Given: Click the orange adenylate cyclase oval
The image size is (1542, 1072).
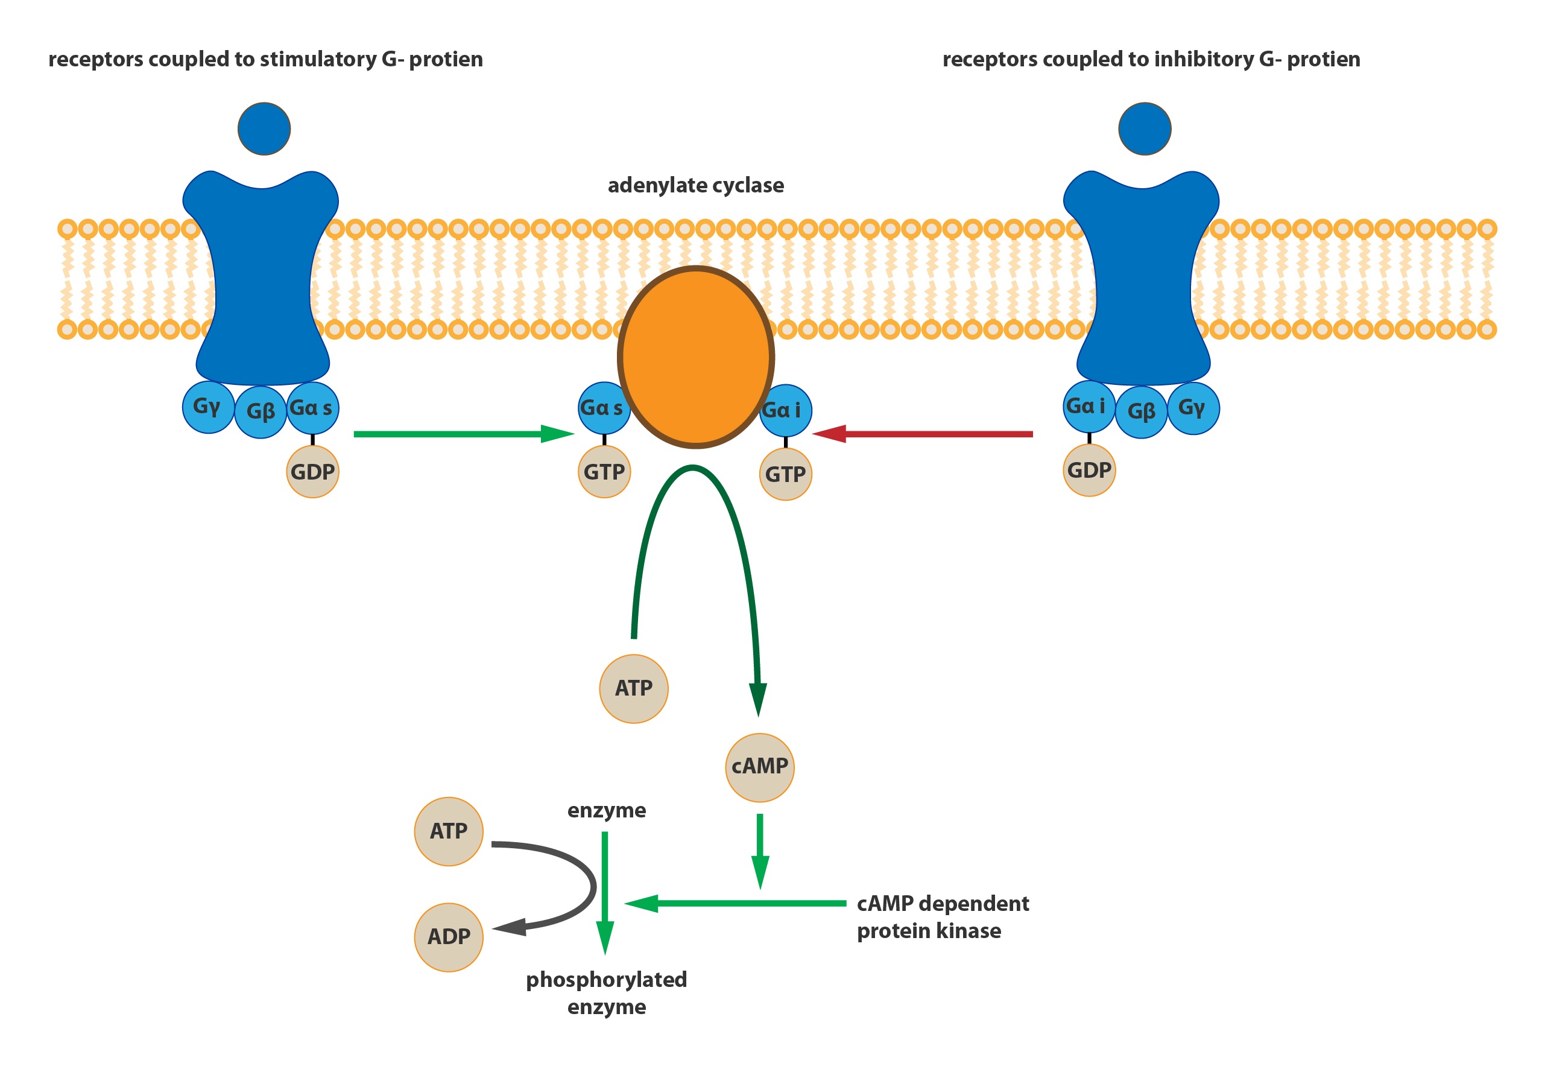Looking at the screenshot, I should click(x=695, y=356).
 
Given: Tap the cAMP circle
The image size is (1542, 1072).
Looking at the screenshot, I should click(x=759, y=767).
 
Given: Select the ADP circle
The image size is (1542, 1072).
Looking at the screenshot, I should click(x=449, y=937).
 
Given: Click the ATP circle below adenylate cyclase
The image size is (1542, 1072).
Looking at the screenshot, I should click(x=633, y=688).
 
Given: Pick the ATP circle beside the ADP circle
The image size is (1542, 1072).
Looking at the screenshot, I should click(x=449, y=831).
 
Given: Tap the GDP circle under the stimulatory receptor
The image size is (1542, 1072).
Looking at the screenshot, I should click(x=312, y=472).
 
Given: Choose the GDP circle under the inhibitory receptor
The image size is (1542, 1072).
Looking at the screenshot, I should click(x=1089, y=470).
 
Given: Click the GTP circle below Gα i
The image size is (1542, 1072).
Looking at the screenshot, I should click(x=785, y=474).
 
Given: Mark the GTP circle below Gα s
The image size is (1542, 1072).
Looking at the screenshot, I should click(x=604, y=472).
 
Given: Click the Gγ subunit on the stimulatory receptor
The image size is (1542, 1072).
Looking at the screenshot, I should click(x=208, y=407).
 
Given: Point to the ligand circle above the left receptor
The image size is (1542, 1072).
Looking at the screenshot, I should click(x=264, y=129).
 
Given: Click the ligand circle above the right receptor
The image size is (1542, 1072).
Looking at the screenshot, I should click(x=1145, y=129).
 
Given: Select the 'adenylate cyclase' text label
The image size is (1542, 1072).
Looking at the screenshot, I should click(x=695, y=185).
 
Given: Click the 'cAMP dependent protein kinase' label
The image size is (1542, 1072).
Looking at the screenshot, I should click(x=942, y=917).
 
